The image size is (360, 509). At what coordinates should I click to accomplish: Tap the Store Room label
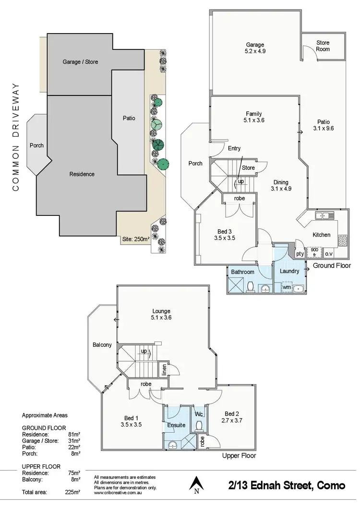[x=323, y=46]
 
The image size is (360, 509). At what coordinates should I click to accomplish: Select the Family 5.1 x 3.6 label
[x=253, y=118]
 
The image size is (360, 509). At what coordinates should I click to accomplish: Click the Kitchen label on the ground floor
[x=321, y=235]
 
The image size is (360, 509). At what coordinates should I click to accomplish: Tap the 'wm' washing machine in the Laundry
[x=287, y=287]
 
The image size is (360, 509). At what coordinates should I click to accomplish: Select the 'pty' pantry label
[x=300, y=253]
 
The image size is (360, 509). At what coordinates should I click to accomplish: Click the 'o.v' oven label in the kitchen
[x=329, y=253]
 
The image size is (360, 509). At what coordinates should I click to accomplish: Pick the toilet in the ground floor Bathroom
[x=250, y=286]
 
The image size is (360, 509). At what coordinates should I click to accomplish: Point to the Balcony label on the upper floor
[x=102, y=345]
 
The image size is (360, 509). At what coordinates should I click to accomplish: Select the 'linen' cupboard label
[x=163, y=370]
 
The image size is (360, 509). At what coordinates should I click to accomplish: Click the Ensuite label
[x=176, y=425]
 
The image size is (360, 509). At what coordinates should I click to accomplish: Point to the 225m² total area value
[x=72, y=492]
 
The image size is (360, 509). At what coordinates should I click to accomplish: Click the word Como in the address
[x=331, y=485]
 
